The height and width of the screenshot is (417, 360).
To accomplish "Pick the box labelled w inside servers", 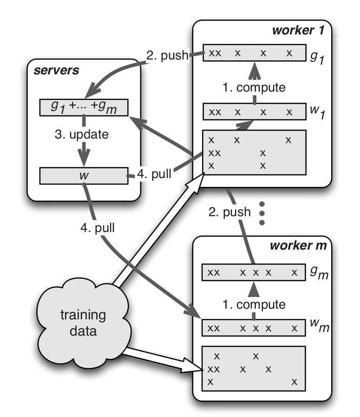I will coord(83,176).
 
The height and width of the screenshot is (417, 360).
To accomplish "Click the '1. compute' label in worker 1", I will coord(255,86).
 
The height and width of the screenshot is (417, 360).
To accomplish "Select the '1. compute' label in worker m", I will coord(255,305).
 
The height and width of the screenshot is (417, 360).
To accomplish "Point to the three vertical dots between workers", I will coord(262,213).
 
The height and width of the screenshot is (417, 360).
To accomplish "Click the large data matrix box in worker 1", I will coord(255,152).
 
